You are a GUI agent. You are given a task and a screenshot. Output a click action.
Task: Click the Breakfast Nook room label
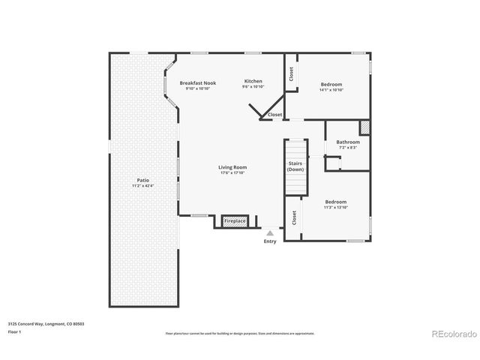click(196, 82)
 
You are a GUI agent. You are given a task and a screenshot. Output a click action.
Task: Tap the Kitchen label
click(253, 81)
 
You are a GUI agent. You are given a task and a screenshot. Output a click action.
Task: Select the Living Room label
click(232, 167)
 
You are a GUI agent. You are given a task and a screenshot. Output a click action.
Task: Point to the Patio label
click(142, 181)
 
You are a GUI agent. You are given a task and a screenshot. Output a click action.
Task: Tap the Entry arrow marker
click(270, 234)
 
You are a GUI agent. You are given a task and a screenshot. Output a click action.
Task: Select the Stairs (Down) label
click(295, 166)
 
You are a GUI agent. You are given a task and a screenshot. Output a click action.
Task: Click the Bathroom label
click(348, 142)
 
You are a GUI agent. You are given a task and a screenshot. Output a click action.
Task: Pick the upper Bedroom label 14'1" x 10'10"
click(332, 84)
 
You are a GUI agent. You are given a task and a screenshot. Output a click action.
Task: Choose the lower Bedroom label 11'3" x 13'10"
click(336, 202)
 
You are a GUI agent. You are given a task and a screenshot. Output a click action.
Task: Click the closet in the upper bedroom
click(292, 75)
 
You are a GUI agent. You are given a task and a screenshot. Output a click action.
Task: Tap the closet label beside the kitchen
click(275, 115)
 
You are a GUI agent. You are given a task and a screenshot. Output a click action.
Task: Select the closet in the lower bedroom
click(294, 217)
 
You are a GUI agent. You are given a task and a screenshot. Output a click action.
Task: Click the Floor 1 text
click(14, 331)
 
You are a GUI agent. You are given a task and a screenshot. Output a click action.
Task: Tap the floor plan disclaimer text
click(240, 333)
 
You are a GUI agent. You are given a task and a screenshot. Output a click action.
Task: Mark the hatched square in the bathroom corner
click(365, 127)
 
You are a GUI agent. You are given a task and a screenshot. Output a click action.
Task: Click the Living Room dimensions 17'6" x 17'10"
click(232, 172)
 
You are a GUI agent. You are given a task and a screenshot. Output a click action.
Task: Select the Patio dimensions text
click(142, 186)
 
